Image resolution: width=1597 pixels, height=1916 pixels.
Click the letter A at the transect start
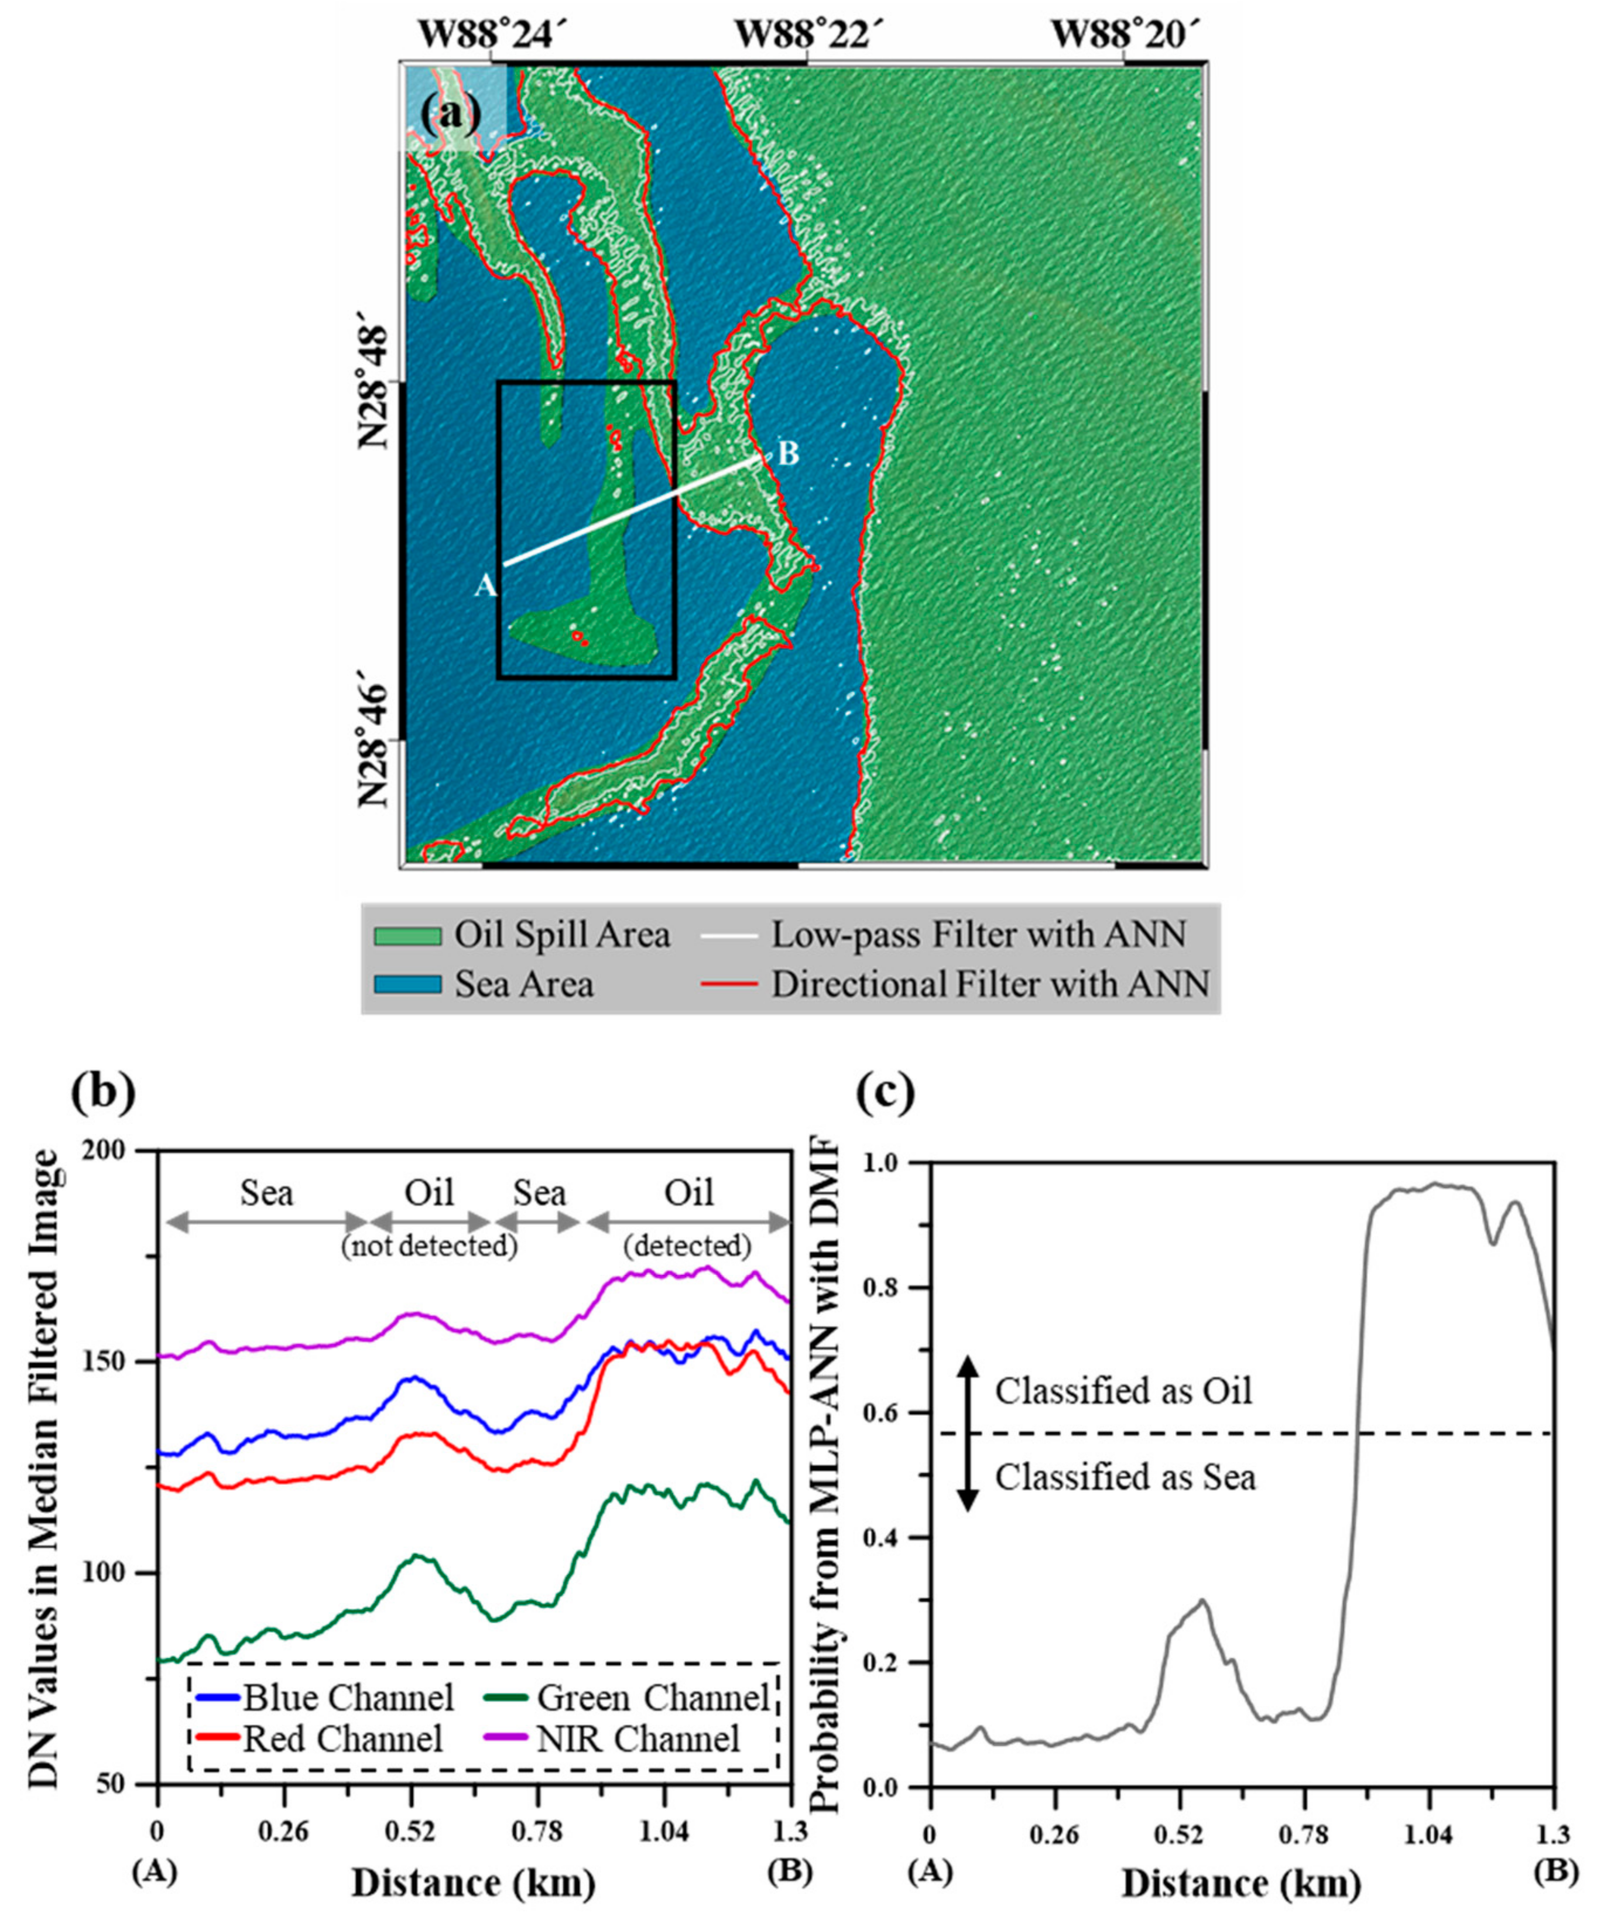[485, 586]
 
